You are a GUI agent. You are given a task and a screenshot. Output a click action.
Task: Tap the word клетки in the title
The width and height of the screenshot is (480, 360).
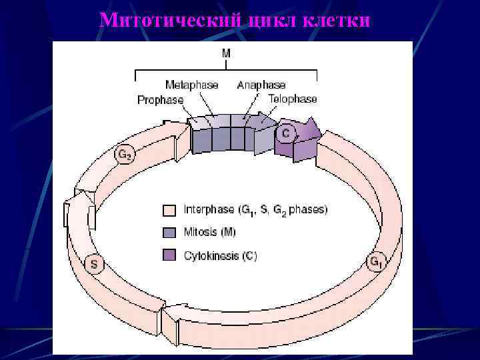click(336, 21)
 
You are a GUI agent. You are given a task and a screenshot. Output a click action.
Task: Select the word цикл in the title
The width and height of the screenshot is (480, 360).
click(274, 21)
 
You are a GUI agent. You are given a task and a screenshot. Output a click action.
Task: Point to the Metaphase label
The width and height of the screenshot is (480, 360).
click(191, 85)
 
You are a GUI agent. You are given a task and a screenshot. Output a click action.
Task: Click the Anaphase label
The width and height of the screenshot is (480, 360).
click(261, 85)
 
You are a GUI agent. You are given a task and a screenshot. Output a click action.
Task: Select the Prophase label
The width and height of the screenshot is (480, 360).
click(160, 100)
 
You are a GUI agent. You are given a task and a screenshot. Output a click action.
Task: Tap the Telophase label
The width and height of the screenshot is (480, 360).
click(293, 99)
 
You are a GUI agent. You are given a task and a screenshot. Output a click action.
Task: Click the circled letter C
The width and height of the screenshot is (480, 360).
click(285, 133)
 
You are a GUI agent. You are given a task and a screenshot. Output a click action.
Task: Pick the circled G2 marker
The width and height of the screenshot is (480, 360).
click(124, 155)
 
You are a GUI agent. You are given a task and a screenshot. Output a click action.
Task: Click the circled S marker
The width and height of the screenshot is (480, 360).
click(94, 264)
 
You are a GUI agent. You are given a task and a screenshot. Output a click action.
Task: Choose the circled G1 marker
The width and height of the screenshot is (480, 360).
click(377, 262)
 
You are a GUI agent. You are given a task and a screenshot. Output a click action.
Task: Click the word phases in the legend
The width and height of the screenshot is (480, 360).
click(309, 210)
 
